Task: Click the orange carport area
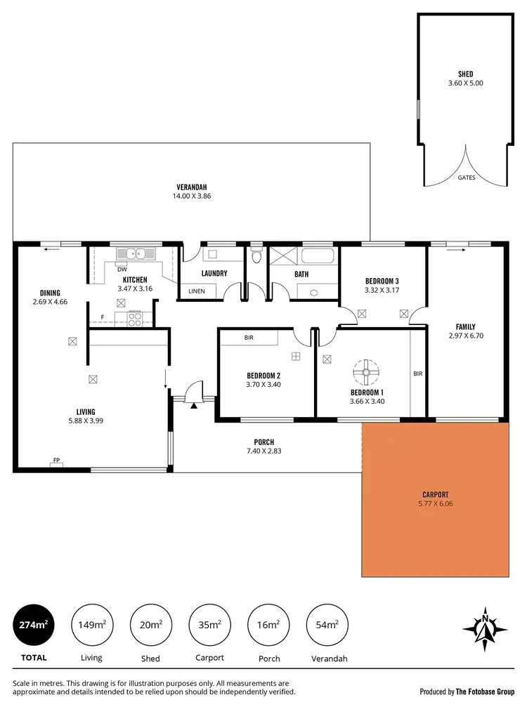click(435, 519)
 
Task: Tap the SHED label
click(465, 74)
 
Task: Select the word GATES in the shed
click(467, 178)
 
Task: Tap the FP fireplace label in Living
click(56, 461)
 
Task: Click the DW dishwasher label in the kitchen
click(122, 270)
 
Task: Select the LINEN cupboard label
click(197, 291)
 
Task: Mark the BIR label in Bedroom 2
click(249, 338)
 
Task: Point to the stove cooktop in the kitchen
click(134, 319)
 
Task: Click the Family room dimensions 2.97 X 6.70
click(466, 336)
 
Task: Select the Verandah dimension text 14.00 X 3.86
click(192, 196)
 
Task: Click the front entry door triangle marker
click(192, 403)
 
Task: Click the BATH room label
click(301, 274)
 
